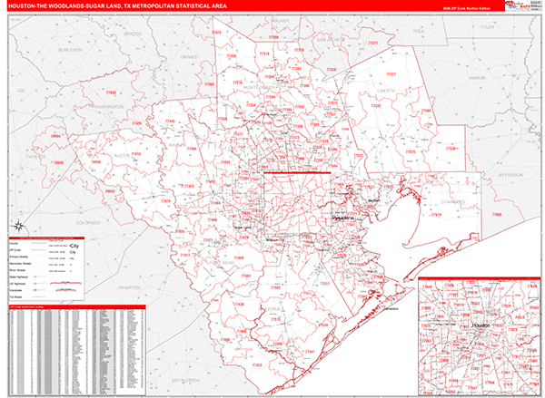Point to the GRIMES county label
pos(189,56)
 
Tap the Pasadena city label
pos(344,219)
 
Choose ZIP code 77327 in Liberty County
pos(391,73)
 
